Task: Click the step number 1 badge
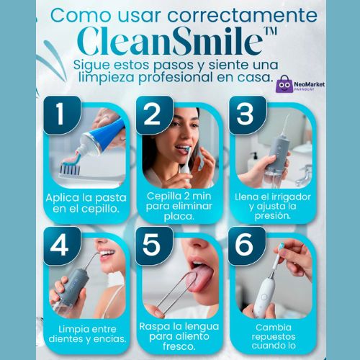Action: click(62, 114)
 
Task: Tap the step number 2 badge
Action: click(154, 114)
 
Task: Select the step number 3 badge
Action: click(247, 114)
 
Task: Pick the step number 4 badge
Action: click(62, 246)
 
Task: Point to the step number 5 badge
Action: click(154, 246)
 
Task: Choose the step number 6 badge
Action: click(247, 246)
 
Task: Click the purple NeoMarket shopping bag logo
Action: click(284, 84)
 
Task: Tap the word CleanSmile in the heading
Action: click(170, 41)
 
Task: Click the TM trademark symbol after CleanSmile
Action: click(270, 31)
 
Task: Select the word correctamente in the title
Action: click(242, 15)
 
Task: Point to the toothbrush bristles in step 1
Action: click(70, 168)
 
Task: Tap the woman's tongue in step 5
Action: click(201, 279)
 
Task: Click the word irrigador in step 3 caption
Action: click(292, 197)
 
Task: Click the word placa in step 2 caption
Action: click(179, 217)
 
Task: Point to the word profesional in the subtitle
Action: click(176, 78)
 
